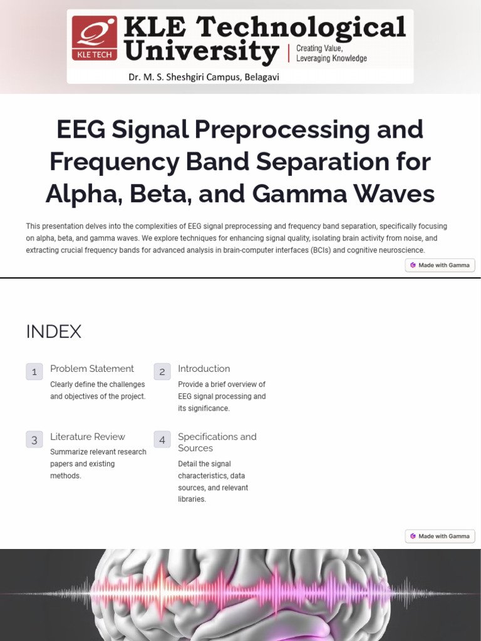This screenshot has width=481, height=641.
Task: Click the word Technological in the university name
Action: click(302, 28)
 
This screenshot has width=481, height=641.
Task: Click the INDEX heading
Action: click(54, 331)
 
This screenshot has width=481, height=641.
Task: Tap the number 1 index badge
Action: click(34, 371)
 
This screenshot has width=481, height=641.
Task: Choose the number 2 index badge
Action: click(162, 371)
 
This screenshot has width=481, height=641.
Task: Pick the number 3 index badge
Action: click(34, 439)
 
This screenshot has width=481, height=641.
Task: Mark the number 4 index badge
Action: click(162, 439)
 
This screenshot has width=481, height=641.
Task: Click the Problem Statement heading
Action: click(92, 369)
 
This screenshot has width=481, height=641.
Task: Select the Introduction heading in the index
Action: click(204, 369)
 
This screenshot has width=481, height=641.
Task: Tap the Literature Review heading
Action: click(88, 436)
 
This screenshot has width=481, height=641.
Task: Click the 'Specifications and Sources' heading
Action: click(217, 442)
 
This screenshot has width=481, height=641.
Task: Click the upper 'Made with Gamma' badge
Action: click(440, 265)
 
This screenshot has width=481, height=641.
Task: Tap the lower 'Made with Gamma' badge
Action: click(440, 536)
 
